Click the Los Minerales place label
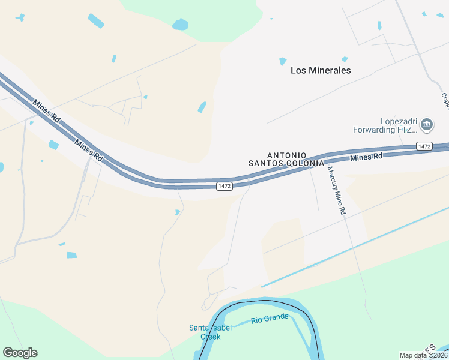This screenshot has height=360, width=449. coord(321,70)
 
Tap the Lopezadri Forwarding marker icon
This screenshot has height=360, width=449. coord(427,125)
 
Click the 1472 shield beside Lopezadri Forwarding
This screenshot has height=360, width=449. coord(424,146)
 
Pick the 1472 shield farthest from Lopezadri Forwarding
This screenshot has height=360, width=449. coord(224,187)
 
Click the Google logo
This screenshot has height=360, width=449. coord(20,353)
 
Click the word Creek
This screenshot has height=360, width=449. coord(210,337)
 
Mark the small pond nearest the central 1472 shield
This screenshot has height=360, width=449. coord(177,212)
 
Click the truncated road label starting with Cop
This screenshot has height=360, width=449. coord(445,100)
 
